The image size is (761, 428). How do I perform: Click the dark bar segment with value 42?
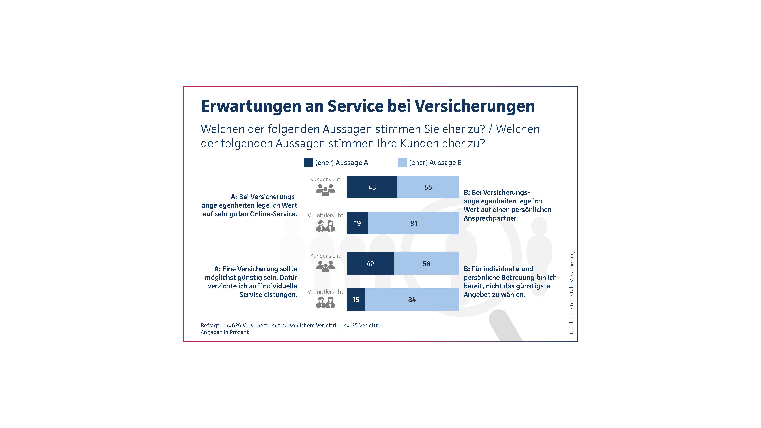(370, 264)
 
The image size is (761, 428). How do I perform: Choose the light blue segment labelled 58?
(426, 264)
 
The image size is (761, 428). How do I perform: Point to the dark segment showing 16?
(355, 299)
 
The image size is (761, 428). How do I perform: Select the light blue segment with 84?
(412, 299)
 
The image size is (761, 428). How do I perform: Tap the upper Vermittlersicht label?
(325, 215)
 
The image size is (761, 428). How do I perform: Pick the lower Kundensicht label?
(325, 256)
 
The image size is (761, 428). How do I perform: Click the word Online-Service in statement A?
(273, 214)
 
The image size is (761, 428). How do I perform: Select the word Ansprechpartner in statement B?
(490, 218)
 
